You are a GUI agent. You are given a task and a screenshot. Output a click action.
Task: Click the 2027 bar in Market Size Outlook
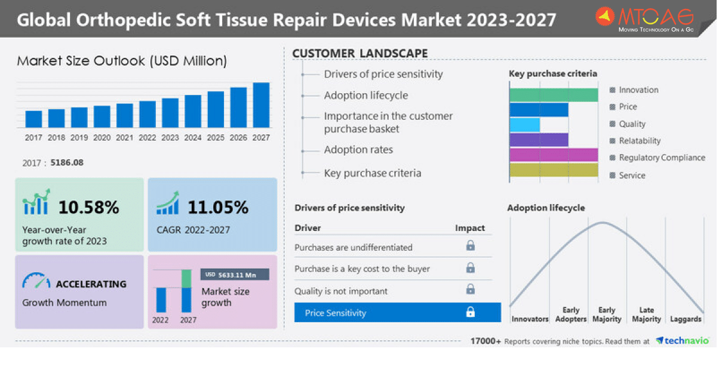261,105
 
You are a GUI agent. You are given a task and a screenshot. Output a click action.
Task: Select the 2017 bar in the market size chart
33,119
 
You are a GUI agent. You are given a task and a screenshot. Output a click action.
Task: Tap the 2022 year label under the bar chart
148,138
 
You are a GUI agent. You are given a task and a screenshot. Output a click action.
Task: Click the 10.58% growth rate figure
88,207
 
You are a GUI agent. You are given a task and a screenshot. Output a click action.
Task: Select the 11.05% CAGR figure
218,207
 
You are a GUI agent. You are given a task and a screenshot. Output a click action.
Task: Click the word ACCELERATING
91,284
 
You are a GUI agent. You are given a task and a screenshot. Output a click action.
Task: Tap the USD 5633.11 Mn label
235,275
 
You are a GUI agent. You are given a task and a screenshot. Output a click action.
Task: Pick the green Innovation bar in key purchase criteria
554,95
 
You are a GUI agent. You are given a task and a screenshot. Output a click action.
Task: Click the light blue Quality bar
524,125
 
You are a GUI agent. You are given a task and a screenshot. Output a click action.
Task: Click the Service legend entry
632,175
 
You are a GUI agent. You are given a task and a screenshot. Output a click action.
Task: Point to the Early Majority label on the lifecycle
607,314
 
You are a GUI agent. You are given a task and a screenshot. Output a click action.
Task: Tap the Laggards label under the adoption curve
686,319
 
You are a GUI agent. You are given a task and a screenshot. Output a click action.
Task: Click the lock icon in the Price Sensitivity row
471,312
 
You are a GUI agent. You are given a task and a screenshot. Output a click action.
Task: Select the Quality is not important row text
341,291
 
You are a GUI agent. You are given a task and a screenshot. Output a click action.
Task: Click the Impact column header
470,228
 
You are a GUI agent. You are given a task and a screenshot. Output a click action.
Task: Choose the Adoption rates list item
358,150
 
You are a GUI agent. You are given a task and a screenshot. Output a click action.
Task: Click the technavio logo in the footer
683,341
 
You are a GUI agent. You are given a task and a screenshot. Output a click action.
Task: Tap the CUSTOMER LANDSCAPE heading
360,54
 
